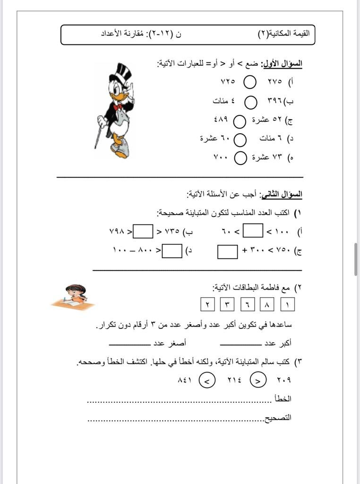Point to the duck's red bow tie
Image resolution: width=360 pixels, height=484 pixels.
118,107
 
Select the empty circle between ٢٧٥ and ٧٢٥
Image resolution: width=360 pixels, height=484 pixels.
250,82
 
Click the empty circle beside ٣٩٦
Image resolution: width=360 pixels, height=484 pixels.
251,102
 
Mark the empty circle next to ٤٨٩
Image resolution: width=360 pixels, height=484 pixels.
240,121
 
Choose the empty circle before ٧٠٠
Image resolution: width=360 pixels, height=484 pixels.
240,158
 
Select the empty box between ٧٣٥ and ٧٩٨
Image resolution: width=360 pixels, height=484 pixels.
143,232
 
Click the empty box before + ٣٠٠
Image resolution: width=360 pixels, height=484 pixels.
228,251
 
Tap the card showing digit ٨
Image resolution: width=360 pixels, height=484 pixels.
267,304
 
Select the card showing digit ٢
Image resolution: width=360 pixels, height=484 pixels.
207,304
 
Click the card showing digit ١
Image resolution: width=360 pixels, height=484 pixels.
287,304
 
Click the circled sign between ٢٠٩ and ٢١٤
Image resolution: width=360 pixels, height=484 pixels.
257,379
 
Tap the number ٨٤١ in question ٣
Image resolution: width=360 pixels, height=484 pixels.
184,380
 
